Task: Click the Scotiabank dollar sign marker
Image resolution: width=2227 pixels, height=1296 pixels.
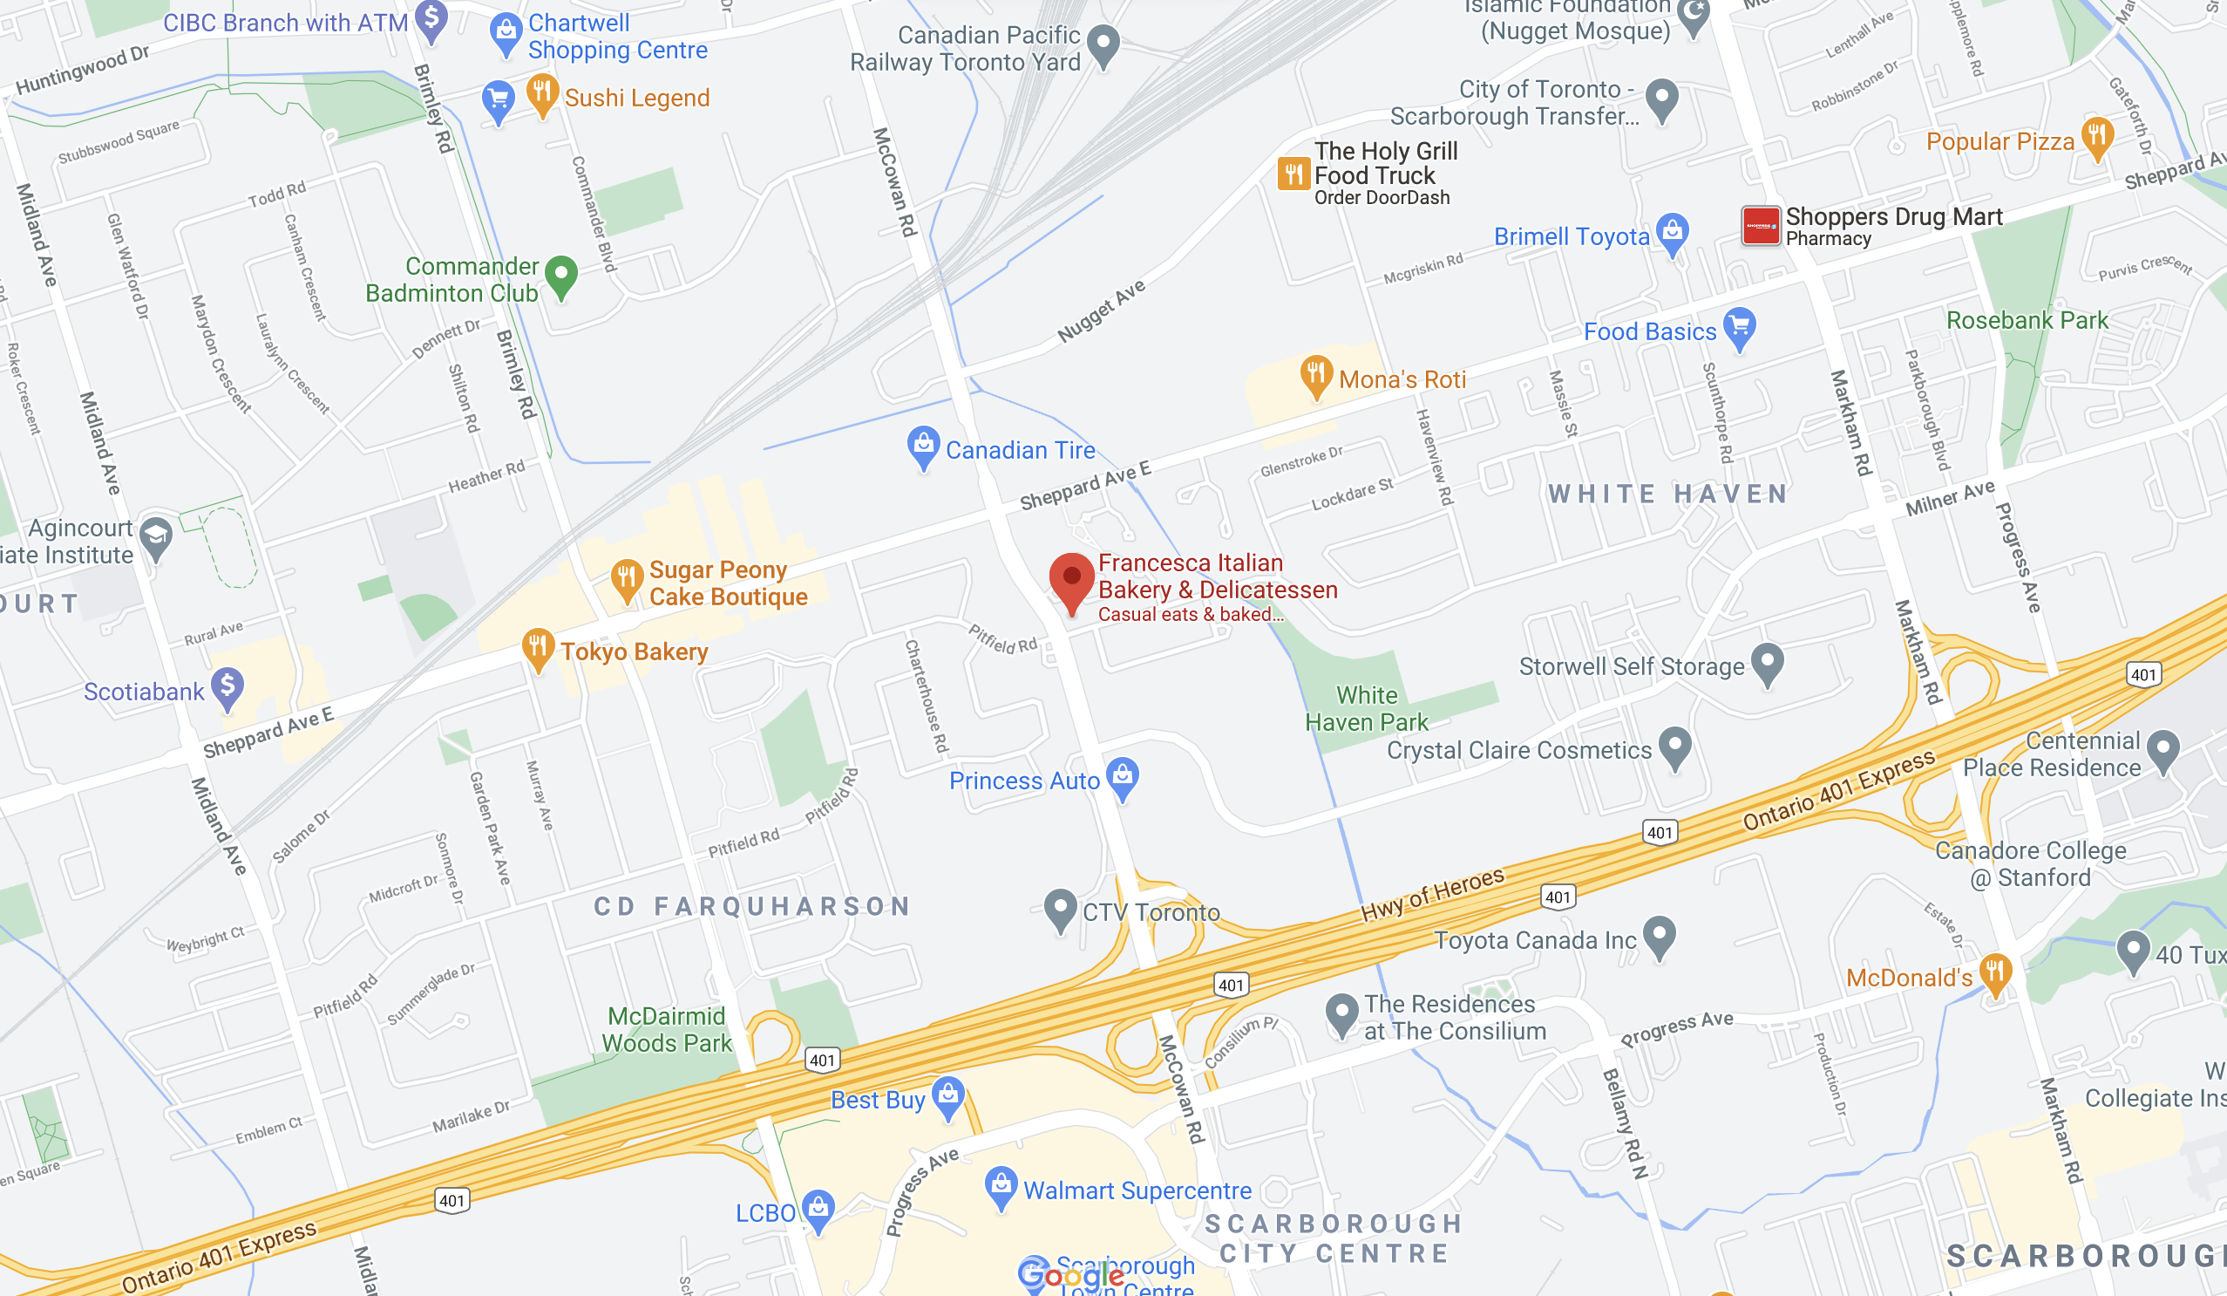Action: click(227, 687)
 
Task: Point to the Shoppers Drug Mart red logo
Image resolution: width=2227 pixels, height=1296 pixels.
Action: click(1761, 225)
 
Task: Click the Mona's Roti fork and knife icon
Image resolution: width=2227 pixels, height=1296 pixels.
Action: click(1316, 375)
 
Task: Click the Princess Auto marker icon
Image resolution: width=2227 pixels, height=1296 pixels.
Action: click(1123, 776)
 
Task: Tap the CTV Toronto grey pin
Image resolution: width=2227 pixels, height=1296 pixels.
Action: click(1061, 908)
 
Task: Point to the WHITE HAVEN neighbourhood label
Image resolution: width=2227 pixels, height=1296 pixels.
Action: click(1668, 494)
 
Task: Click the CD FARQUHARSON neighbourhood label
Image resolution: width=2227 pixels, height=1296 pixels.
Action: click(751, 906)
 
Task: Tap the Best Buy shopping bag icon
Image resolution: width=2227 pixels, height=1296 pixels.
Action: click(948, 1096)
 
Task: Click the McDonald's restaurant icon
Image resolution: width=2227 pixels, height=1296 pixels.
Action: click(1995, 974)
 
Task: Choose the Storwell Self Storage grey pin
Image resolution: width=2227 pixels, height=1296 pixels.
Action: click(1768, 663)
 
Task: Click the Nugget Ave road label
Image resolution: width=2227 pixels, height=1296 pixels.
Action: click(1101, 310)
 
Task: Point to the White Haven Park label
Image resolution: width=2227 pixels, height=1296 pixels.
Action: click(1366, 709)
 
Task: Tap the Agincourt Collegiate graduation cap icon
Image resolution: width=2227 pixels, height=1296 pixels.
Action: click(156, 536)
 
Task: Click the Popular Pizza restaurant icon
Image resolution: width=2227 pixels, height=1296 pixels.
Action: click(2097, 138)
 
